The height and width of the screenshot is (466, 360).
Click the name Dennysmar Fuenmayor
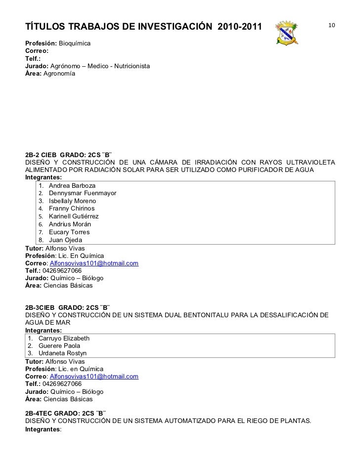pos(83,193)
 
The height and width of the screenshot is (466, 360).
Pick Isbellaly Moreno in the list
pos(73,201)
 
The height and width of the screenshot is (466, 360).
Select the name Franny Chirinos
pos(72,209)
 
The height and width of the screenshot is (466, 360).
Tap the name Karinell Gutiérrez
pos(74,216)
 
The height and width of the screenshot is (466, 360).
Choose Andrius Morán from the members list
pos(70,224)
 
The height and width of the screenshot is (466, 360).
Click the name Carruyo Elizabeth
pos(63,338)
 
